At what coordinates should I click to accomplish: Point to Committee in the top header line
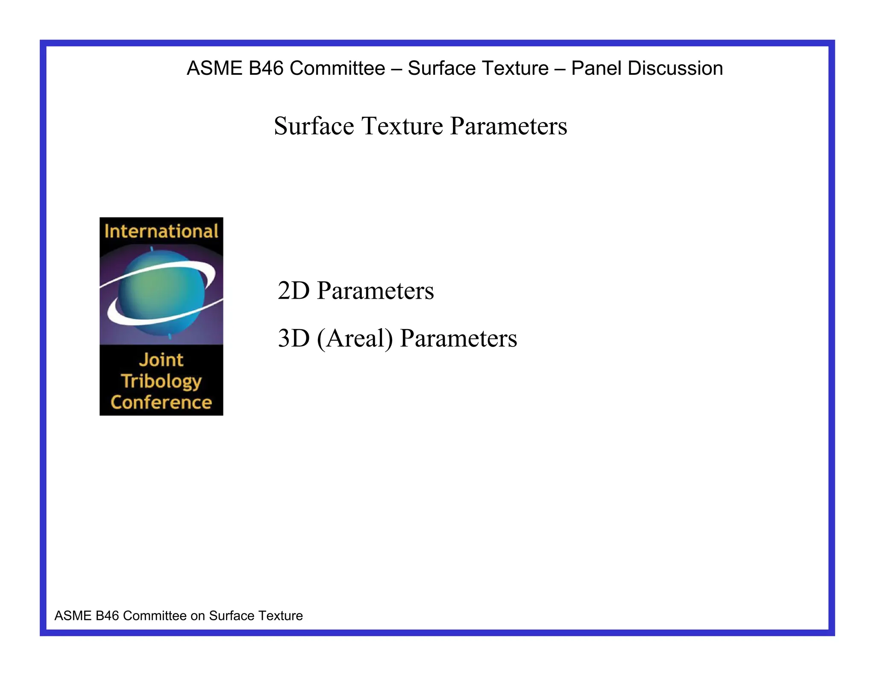[x=337, y=68]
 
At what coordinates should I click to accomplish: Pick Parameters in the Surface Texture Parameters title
[x=508, y=126]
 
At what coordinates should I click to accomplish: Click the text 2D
[x=294, y=291]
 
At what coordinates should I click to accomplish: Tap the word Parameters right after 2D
[x=375, y=291]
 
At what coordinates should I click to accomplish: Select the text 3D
[x=294, y=338]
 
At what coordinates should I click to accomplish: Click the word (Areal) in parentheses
[x=355, y=339]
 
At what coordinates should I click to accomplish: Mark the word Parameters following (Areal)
[x=458, y=338]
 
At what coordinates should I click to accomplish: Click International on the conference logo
[x=161, y=231]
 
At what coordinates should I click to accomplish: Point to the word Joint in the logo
[x=161, y=360]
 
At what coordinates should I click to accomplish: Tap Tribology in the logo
[x=161, y=381]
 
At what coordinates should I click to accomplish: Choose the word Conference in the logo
[x=161, y=403]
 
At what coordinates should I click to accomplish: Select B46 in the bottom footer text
[x=107, y=616]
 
